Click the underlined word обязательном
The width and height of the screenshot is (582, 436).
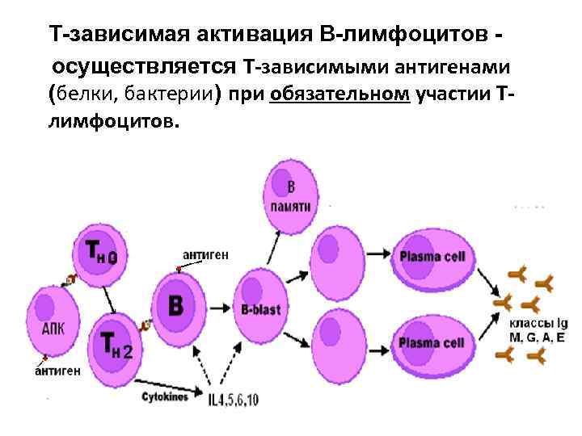point(340,94)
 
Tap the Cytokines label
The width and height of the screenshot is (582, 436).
point(165,397)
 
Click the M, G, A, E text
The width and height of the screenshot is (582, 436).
point(537,337)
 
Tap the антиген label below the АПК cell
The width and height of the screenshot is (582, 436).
point(57,372)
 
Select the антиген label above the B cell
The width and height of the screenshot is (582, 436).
point(205,254)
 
